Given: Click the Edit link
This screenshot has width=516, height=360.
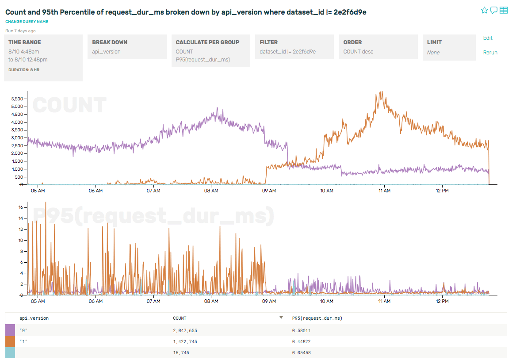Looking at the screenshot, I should tap(488, 38).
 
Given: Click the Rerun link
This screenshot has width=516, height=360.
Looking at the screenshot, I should tap(490, 53).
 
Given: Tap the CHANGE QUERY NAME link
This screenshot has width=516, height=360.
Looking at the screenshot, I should tap(27, 22).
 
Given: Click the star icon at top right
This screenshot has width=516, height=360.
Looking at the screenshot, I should tap(484, 10).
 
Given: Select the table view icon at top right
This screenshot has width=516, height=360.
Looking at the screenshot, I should tap(504, 10).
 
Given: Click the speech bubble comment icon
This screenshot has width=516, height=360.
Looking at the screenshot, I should tap(494, 10).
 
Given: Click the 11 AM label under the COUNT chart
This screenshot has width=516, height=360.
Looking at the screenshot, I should tap(384, 191).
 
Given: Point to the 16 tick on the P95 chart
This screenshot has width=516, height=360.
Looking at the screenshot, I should tap(20, 207).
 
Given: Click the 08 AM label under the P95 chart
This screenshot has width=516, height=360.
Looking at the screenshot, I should tap(211, 301).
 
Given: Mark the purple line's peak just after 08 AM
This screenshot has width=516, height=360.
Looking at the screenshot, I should tap(217, 107).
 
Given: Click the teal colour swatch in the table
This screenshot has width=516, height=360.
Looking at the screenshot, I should tap(10, 352).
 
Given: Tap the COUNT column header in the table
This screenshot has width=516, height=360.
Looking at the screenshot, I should tap(180, 318).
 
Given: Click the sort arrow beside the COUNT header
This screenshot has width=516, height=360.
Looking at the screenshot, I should tap(281, 318).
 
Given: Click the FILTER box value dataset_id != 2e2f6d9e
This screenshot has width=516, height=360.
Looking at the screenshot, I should tap(287, 52).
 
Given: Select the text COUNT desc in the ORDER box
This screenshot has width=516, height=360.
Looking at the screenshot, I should tap(358, 52).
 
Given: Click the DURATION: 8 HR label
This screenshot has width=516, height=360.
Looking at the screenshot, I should tap(24, 70).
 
